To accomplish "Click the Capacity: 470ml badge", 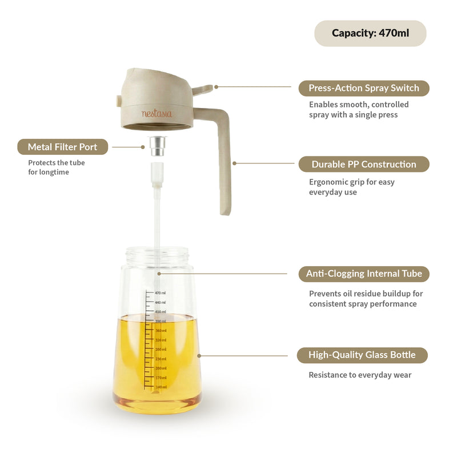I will pyautogui.click(x=370, y=33).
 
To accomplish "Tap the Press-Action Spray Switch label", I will pyautogui.click(x=363, y=88).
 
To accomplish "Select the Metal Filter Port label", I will pyautogui.click(x=62, y=147).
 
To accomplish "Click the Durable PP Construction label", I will pyautogui.click(x=363, y=164).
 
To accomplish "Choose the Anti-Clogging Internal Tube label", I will pyautogui.click(x=363, y=274).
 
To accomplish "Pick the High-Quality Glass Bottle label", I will pyautogui.click(x=362, y=355).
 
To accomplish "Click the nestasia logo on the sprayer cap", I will pyautogui.click(x=157, y=113).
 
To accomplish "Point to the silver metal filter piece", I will pyautogui.click(x=157, y=146).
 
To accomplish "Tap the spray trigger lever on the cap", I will pyautogui.click(x=203, y=89).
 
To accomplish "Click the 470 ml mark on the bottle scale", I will pyautogui.click(x=160, y=292).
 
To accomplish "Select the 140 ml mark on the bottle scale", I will pyautogui.click(x=160, y=387).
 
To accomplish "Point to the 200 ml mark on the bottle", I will pyautogui.click(x=160, y=368).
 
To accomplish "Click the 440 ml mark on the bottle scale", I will pyautogui.click(x=160, y=302).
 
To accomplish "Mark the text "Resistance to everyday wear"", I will pyautogui.click(x=360, y=375).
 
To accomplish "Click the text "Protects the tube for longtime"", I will pyautogui.click(x=57, y=167).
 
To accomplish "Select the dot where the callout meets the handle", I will pyautogui.click(x=234, y=163).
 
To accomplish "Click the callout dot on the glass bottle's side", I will pyautogui.click(x=199, y=355).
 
